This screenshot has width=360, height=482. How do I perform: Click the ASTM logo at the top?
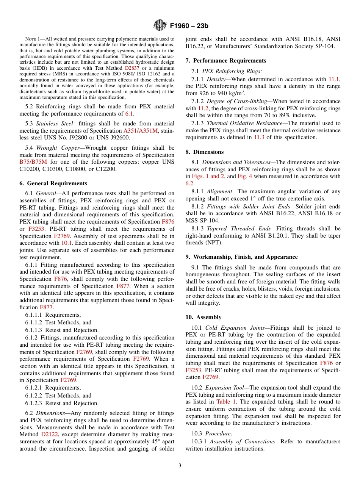[x=160, y=25]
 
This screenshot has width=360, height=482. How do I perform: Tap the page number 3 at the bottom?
[x=180, y=465]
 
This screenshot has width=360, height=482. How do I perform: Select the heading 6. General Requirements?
[x=53, y=183]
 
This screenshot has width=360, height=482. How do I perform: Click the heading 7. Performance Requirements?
[x=225, y=61]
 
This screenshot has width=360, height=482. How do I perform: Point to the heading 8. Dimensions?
[x=205, y=152]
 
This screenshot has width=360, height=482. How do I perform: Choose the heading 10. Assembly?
[x=203, y=317]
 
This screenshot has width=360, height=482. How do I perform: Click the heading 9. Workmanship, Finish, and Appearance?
[x=241, y=257]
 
